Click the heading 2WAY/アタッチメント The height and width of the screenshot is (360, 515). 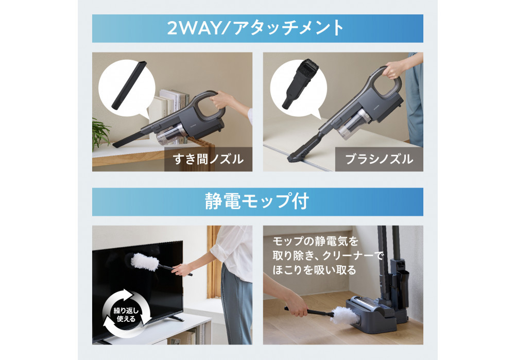(257, 28)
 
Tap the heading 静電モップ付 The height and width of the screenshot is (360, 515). (257, 201)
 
